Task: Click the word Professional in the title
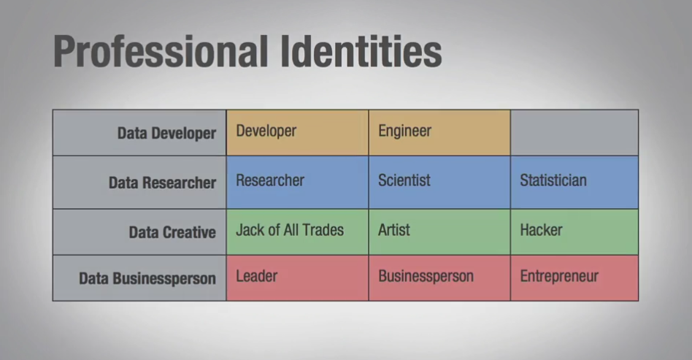[x=161, y=52]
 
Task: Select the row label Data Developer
[x=166, y=134]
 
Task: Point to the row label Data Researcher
[x=162, y=183]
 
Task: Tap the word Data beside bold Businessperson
[x=93, y=278]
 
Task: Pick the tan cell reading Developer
[x=297, y=132]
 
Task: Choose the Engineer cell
[x=439, y=132]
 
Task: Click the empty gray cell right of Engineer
[x=574, y=132]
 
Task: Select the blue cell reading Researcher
[x=297, y=182]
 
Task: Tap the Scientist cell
[x=439, y=182]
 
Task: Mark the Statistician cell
[x=574, y=182]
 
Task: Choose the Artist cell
[x=439, y=232]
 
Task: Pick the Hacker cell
[x=574, y=232]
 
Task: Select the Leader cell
[x=297, y=277]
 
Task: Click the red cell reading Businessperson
[x=439, y=277]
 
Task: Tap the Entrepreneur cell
[x=574, y=277]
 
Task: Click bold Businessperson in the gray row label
[x=164, y=279]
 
